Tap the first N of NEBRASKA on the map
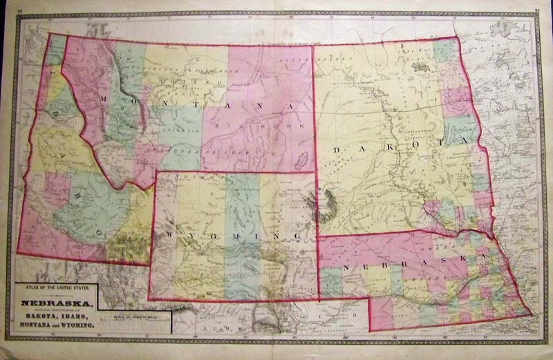[x=344, y=265]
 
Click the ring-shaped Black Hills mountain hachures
[x=325, y=205]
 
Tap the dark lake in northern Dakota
[x=419, y=67]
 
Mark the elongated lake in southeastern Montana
[x=299, y=158]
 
